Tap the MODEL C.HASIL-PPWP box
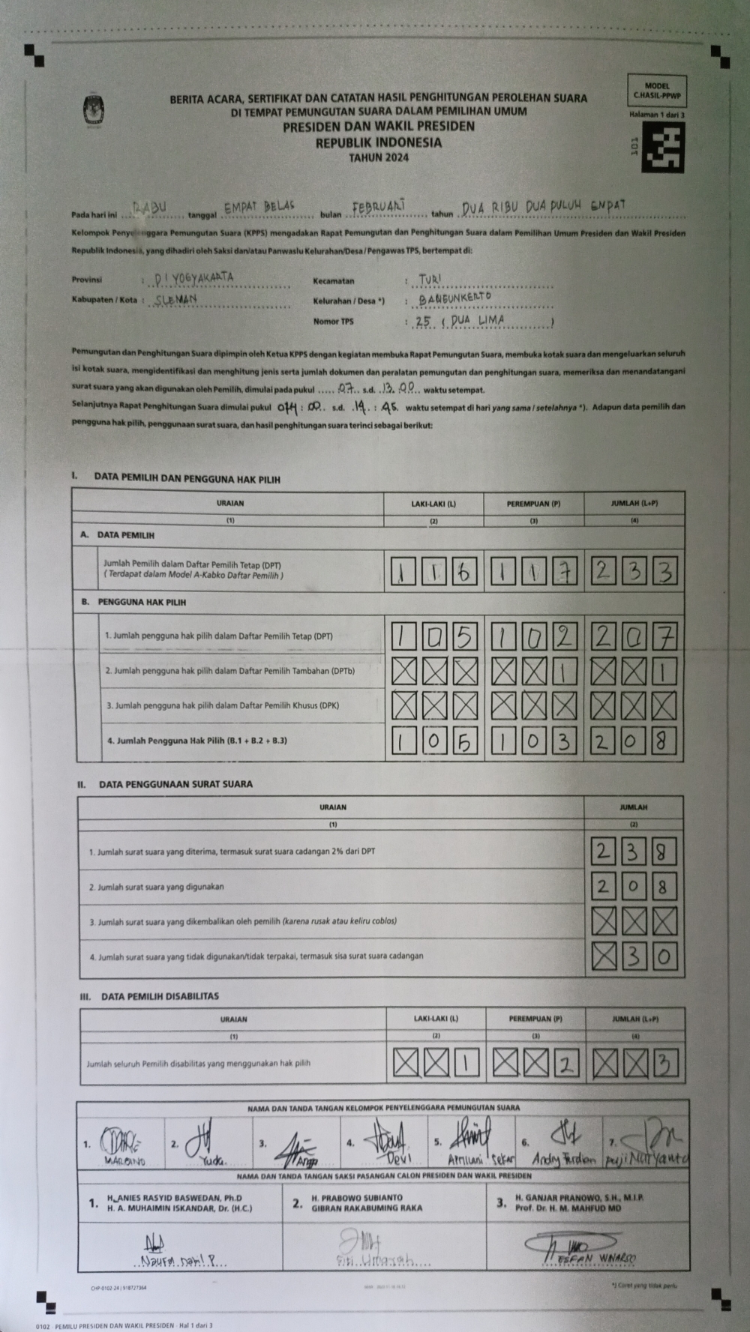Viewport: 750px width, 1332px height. click(656, 91)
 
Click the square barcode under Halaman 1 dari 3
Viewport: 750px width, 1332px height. click(663, 147)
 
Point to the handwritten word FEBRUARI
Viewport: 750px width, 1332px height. click(379, 205)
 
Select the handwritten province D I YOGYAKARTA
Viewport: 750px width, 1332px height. click(193, 278)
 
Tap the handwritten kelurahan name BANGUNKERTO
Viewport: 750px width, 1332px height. click(455, 298)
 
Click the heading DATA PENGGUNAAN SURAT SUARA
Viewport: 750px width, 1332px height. click(175, 784)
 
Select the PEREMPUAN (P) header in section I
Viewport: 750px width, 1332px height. click(533, 504)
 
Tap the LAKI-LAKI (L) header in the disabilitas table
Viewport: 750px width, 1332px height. click(435, 1019)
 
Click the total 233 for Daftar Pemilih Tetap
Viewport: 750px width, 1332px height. click(634, 573)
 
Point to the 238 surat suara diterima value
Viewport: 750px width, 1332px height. click(634, 852)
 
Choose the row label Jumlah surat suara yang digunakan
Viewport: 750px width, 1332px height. click(157, 888)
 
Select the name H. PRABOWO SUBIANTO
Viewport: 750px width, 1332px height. click(356, 1197)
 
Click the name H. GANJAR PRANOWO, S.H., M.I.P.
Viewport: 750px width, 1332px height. click(579, 1197)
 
